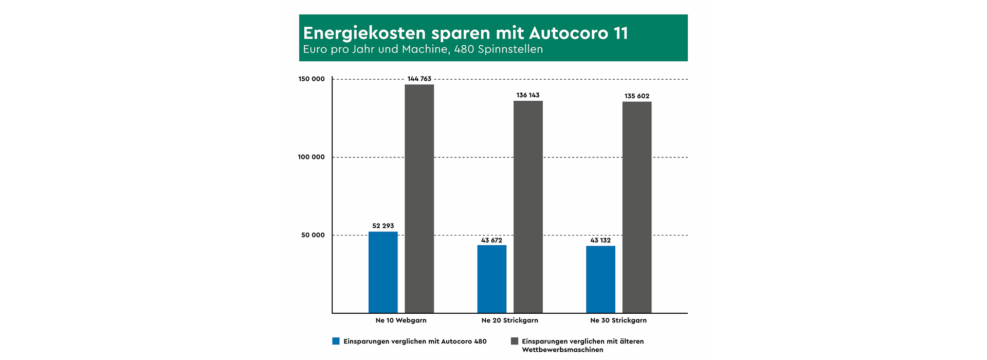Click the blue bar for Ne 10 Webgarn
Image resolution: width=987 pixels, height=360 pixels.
point(383,273)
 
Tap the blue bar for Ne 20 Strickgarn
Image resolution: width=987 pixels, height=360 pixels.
point(491,279)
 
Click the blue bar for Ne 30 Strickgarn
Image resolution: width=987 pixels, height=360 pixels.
point(600,280)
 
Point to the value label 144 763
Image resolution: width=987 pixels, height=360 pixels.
point(419,79)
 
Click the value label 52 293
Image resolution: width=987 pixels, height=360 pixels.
point(383,226)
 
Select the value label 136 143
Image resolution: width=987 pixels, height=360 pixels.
point(528,96)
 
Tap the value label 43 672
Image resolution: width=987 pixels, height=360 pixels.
point(491,240)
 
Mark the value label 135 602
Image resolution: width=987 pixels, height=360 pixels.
point(637,96)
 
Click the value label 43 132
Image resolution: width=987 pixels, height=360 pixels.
point(600,240)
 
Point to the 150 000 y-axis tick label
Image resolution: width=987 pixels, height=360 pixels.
point(312,79)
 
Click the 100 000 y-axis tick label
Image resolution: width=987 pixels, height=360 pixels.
point(312,157)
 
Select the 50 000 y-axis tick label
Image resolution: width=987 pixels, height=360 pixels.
point(313,236)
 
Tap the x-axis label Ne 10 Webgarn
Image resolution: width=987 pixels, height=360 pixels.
point(401,320)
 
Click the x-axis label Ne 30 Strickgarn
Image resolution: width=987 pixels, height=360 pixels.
point(618,320)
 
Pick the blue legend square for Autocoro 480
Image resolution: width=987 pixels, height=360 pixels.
point(336,341)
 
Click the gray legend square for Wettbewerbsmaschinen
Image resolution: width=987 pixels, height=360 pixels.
point(514,341)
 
